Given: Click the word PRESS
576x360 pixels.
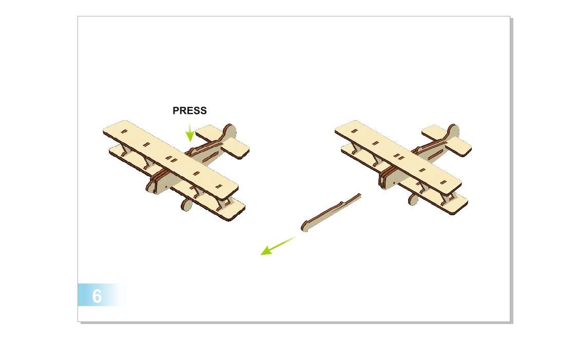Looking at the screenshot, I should pyautogui.click(x=189, y=110).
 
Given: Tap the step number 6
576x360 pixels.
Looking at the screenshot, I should pyautogui.click(x=97, y=296).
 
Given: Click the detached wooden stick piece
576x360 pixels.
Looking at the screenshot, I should pyautogui.click(x=331, y=211).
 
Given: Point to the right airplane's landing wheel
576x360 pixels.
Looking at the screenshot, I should pyautogui.click(x=413, y=199).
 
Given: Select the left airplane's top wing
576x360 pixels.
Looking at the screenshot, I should pyautogui.click(x=169, y=154).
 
